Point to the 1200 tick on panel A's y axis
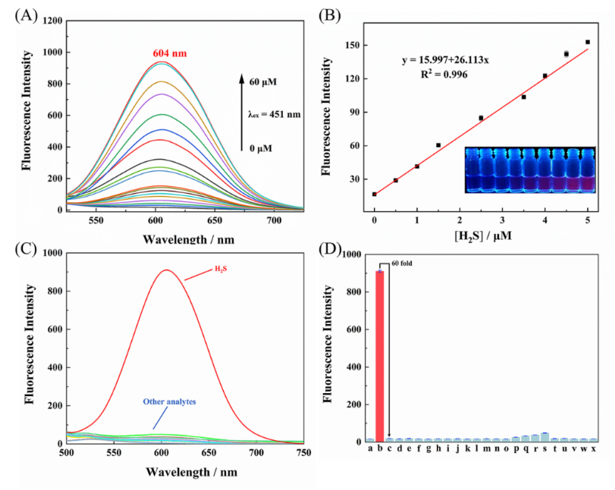click(52, 21)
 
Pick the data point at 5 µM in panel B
click(588, 42)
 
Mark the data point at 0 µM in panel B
click(375, 194)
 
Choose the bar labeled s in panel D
click(544, 437)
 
